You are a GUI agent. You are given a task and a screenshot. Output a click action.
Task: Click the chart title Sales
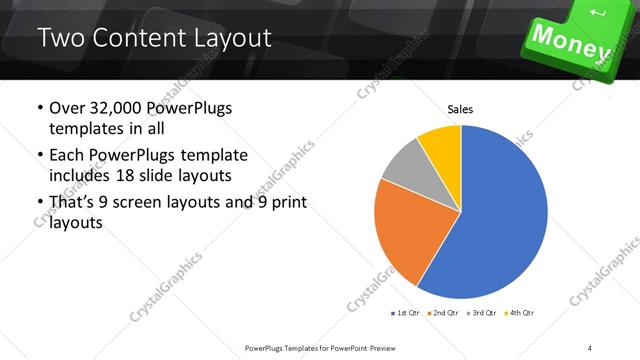pyautogui.click(x=460, y=110)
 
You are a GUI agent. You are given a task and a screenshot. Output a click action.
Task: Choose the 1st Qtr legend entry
pyautogui.click(x=408, y=313)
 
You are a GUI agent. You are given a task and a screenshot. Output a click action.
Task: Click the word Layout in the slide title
pyautogui.click(x=233, y=39)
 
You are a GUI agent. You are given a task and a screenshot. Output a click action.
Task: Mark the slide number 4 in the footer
pyautogui.click(x=590, y=347)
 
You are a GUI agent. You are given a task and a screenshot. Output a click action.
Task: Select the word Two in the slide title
pyautogui.click(x=63, y=39)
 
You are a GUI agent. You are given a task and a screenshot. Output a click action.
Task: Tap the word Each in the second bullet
pyautogui.click(x=68, y=155)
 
